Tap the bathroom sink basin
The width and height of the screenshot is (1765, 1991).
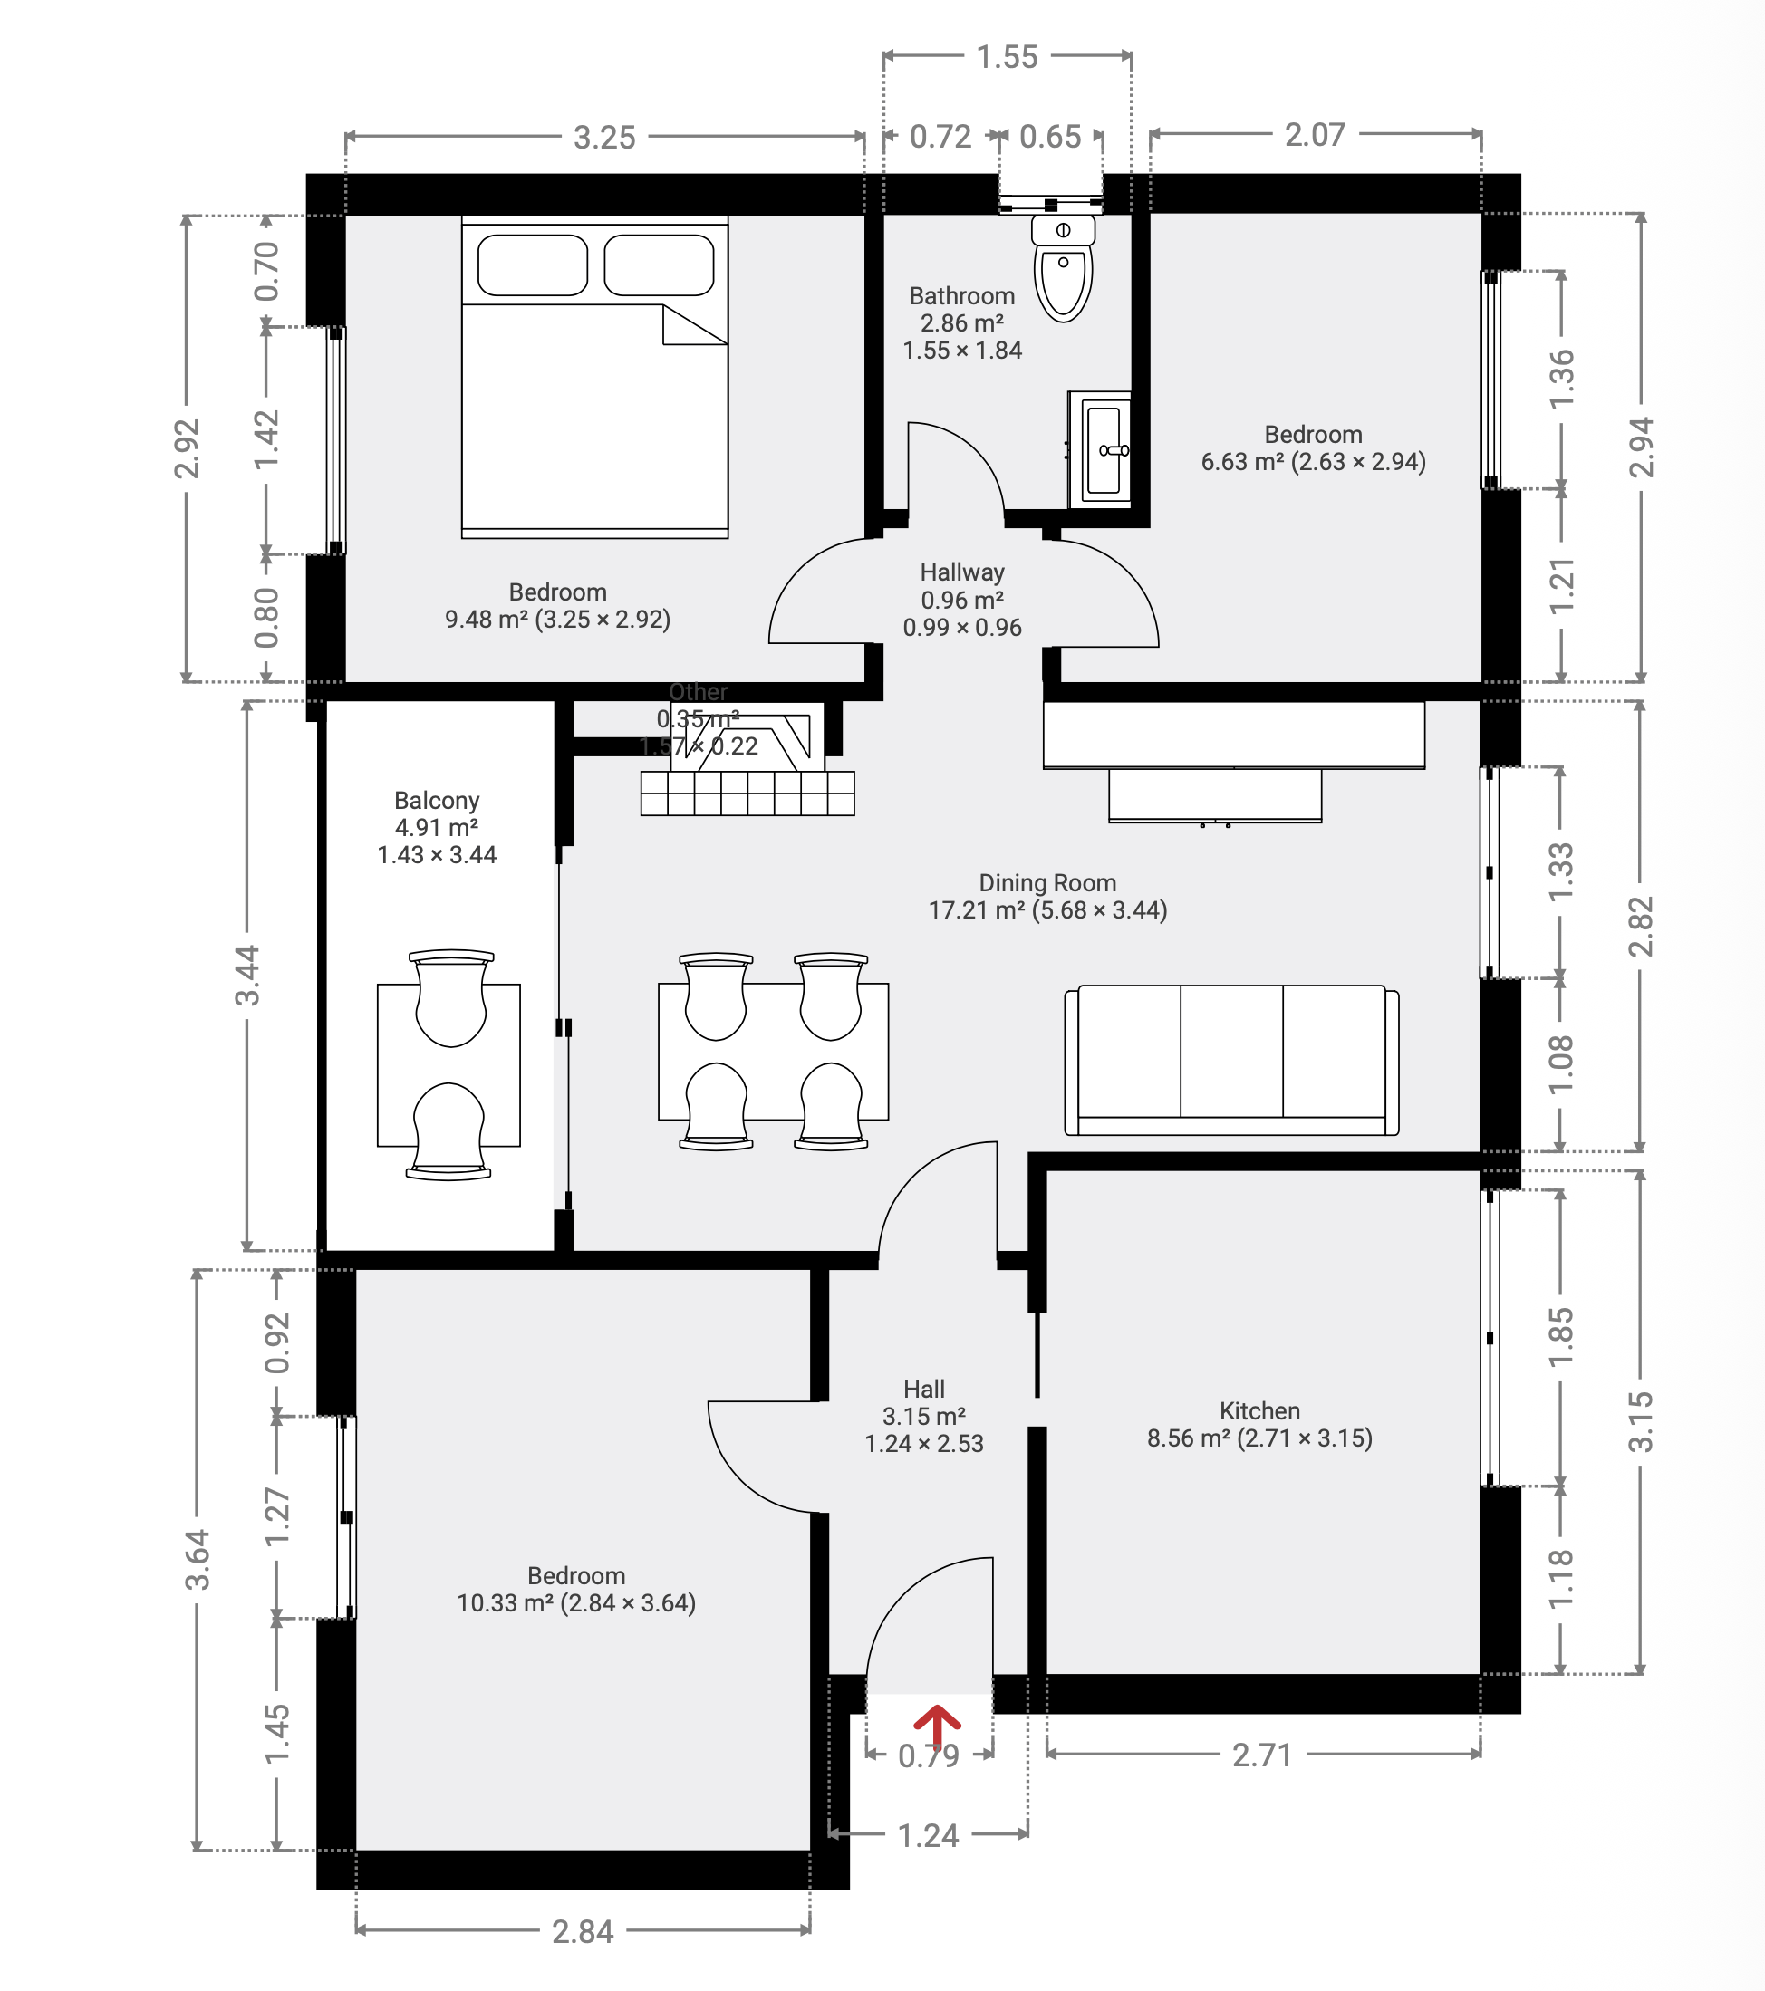pyautogui.click(x=1104, y=450)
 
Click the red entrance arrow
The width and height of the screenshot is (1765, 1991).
pyautogui.click(x=936, y=1727)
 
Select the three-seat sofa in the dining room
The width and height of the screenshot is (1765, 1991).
pyautogui.click(x=1231, y=1060)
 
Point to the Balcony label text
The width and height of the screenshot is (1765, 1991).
pyautogui.click(x=437, y=801)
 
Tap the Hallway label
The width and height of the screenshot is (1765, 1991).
pyautogui.click(x=961, y=572)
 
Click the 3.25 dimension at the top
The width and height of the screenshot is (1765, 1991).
pyautogui.click(x=604, y=138)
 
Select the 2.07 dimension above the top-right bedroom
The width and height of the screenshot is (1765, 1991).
pyautogui.click(x=1314, y=134)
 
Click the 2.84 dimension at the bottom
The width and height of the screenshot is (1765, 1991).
pyautogui.click(x=583, y=1931)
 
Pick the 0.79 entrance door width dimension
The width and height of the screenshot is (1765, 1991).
pyautogui.click(x=929, y=1756)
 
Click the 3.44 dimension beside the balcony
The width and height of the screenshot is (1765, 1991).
pyautogui.click(x=248, y=975)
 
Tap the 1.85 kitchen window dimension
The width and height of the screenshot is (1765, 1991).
pyautogui.click(x=1559, y=1337)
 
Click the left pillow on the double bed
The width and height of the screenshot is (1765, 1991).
pyautogui.click(x=532, y=265)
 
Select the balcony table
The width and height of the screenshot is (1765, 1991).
pyautogui.click(x=448, y=1064)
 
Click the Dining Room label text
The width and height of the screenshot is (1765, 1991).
pyautogui.click(x=1047, y=883)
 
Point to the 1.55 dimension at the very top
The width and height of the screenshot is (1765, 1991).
pyautogui.click(x=1007, y=57)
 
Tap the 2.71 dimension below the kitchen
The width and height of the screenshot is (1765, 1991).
pyautogui.click(x=1261, y=1755)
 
